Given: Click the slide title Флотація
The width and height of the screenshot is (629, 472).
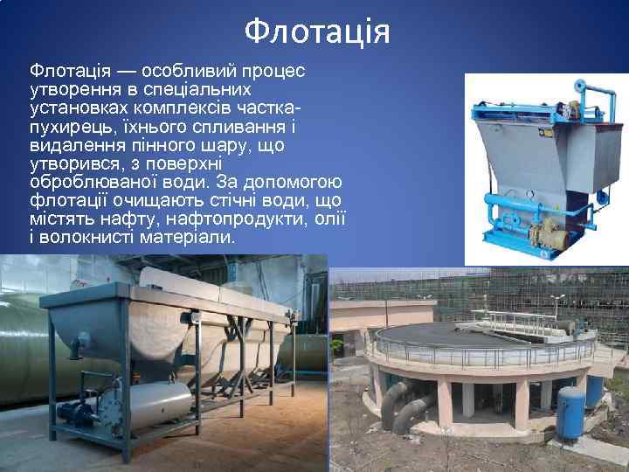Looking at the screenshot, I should (316, 31).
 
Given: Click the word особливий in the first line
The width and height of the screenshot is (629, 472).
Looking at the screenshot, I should (183, 70).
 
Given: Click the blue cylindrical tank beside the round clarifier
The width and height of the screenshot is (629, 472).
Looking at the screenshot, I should (571, 411).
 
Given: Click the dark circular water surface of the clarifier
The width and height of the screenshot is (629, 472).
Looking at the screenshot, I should (454, 333).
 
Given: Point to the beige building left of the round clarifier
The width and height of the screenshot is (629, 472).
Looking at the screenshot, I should (357, 316).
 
